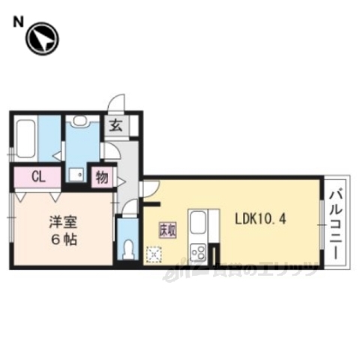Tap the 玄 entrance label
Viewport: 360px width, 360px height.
(x=117, y=126)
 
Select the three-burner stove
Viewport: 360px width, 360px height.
(x=199, y=251)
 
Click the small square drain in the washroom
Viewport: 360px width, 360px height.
(x=76, y=175)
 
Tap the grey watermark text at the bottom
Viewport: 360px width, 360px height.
(x=240, y=272)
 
